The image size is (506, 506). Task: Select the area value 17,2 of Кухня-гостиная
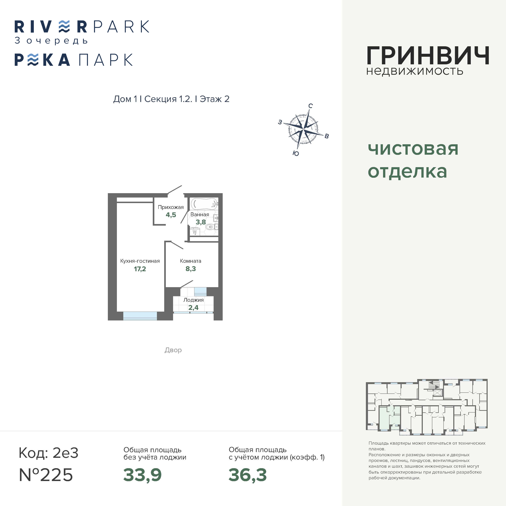tap(140, 269)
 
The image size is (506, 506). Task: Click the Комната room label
tap(190, 261)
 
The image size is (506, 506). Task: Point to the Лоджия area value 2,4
tap(193, 308)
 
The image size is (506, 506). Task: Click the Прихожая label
tap(171, 207)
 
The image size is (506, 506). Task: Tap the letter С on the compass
tap(310, 106)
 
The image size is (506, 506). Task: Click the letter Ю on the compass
tap(296, 153)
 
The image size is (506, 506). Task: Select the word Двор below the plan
tap(173, 350)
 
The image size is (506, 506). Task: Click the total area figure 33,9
tap(143, 475)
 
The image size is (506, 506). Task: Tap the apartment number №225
tap(46, 475)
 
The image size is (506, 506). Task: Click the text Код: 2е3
tap(48, 453)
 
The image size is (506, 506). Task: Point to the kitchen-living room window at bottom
tap(140, 316)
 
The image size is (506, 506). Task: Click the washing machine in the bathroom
tap(195, 231)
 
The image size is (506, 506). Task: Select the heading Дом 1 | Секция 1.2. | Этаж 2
tap(171, 99)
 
